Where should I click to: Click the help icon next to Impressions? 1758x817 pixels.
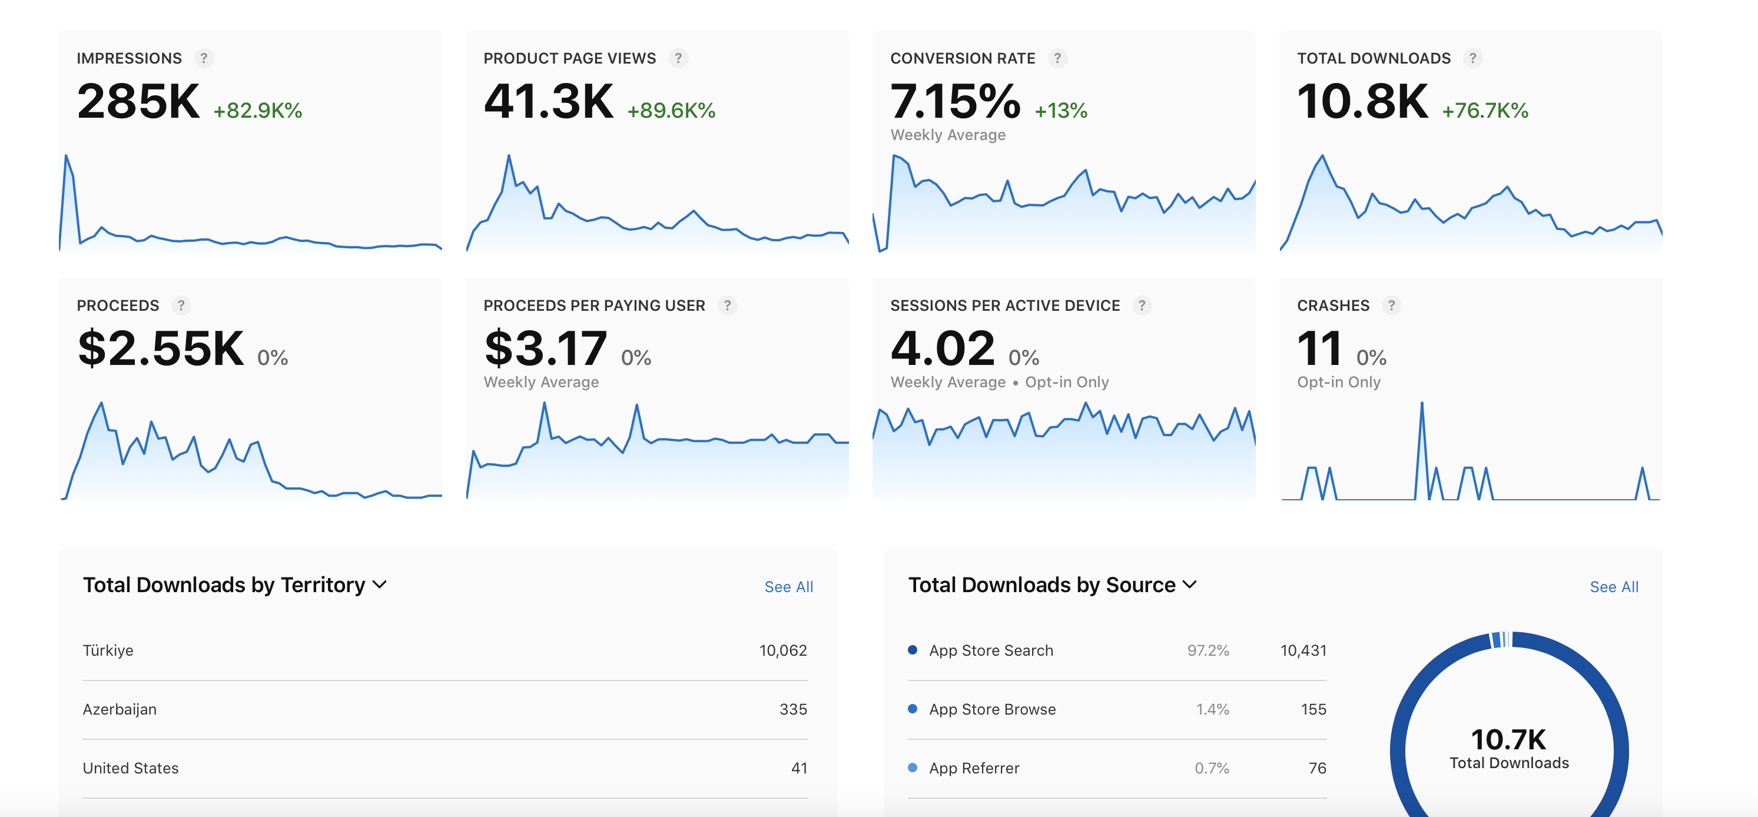click(203, 58)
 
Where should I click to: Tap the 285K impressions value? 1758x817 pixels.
click(138, 101)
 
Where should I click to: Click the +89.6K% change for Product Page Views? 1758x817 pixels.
click(671, 111)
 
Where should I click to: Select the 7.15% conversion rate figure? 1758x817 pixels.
click(956, 101)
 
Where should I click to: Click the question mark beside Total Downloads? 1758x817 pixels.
click(1472, 58)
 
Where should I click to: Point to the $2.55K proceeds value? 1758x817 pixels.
click(161, 348)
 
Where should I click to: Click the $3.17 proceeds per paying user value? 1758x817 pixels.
click(545, 348)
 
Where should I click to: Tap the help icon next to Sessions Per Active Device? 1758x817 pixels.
click(1142, 305)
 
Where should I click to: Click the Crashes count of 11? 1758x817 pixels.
click(1320, 348)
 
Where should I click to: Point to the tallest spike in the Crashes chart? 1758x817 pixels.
click(1422, 403)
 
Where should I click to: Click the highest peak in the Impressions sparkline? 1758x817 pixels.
click(66, 157)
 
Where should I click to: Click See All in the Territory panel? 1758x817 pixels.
click(788, 587)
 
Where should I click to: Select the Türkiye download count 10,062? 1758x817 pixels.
click(783, 650)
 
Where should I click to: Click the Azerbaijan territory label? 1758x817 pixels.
click(120, 709)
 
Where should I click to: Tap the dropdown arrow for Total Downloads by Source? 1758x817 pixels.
click(1189, 585)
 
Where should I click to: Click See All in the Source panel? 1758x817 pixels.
click(1614, 587)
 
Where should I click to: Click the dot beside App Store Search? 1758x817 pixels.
click(913, 650)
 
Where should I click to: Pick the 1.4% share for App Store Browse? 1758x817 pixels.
click(1212, 709)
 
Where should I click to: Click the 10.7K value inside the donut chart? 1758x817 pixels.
click(1508, 740)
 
